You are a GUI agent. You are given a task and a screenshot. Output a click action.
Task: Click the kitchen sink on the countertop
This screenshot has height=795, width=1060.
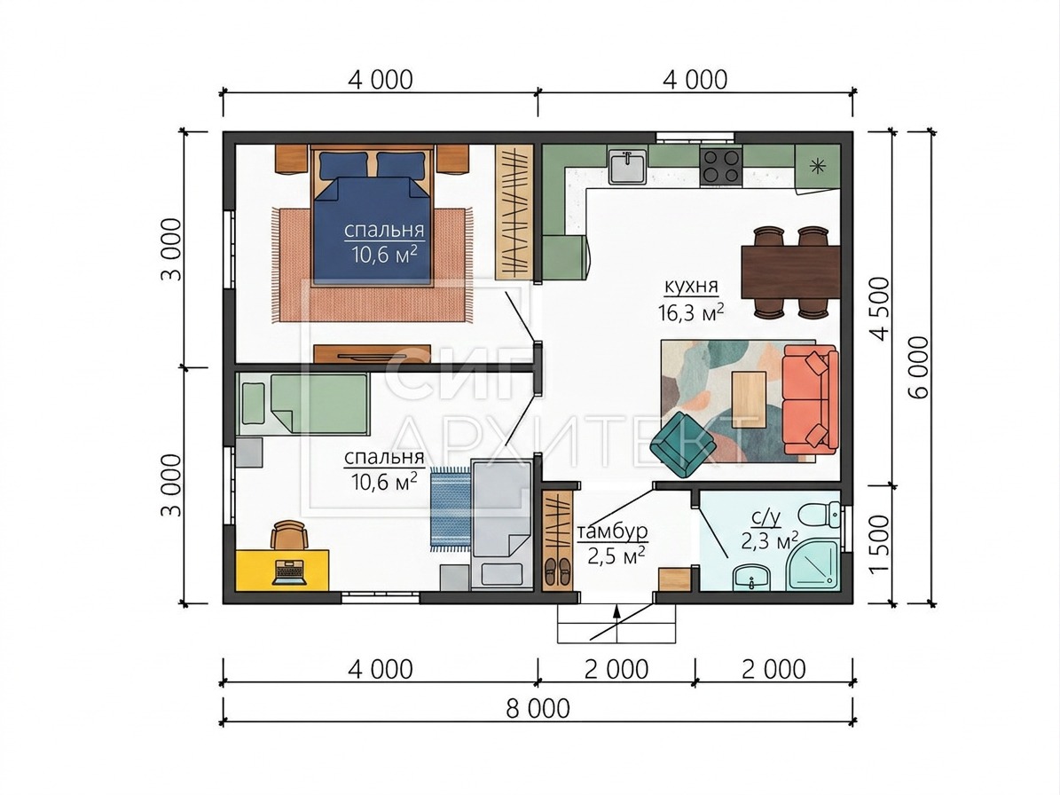click(x=628, y=167)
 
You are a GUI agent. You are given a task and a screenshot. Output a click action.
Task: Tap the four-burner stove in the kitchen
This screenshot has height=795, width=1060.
click(x=721, y=167)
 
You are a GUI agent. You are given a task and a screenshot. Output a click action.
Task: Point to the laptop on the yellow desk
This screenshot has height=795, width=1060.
click(x=290, y=572)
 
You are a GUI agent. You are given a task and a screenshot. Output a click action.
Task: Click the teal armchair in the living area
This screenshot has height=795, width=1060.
click(x=684, y=445)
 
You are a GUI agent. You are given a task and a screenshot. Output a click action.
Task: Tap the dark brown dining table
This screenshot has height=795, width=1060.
click(x=791, y=272)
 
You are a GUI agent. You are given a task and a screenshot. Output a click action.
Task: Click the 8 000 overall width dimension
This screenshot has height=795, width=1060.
click(x=538, y=708)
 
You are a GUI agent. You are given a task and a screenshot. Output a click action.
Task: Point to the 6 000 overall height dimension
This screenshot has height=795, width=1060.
click(x=919, y=367)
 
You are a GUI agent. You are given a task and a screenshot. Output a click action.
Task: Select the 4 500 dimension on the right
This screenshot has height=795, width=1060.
click(x=880, y=309)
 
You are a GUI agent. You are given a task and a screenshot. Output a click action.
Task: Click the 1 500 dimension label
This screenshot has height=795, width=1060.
click(x=880, y=544)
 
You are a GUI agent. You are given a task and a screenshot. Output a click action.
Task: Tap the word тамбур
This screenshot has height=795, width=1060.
click(x=612, y=531)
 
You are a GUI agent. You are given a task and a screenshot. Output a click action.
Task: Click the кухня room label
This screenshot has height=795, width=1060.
click(x=691, y=287)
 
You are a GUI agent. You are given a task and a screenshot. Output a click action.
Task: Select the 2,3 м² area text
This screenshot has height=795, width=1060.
click(x=770, y=541)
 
